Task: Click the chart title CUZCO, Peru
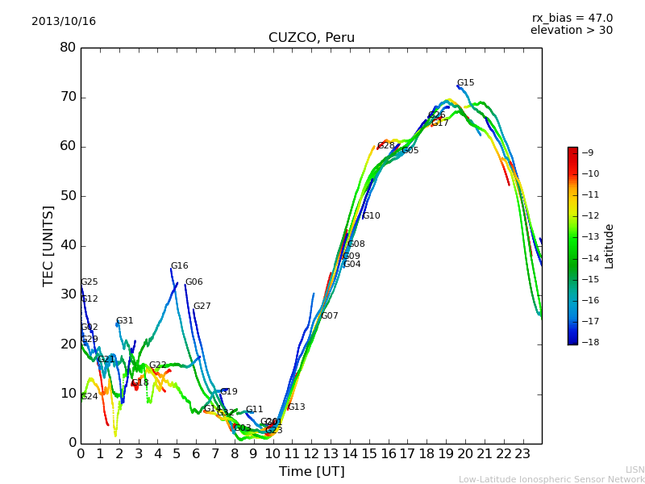click(x=311, y=38)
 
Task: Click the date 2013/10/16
click(x=64, y=22)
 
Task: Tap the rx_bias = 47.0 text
click(x=572, y=19)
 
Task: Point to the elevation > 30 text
click(x=571, y=31)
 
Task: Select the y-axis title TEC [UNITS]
click(x=48, y=245)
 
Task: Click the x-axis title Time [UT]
click(x=311, y=471)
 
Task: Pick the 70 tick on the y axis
click(x=68, y=97)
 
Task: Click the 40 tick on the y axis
click(x=68, y=245)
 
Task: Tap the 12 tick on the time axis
click(x=311, y=453)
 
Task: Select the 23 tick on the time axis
click(x=522, y=453)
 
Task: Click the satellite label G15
click(x=465, y=83)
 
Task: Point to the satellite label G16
click(x=179, y=266)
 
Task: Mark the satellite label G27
click(x=202, y=307)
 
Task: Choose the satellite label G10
click(x=371, y=216)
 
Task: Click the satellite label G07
click(x=330, y=316)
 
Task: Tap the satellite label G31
click(x=125, y=321)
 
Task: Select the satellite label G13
click(x=296, y=407)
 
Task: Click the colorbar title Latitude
click(x=610, y=246)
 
